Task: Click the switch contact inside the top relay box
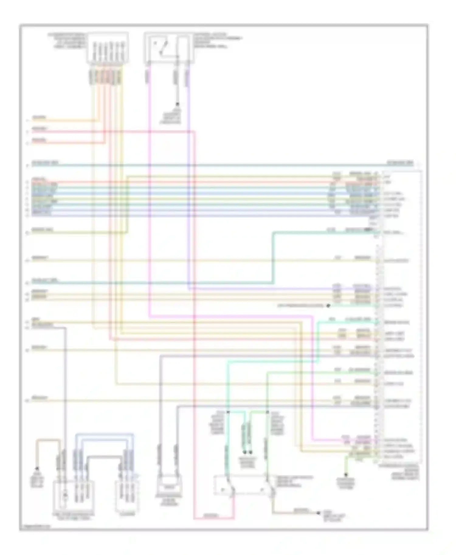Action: [x=161, y=48]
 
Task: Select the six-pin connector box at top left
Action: [x=108, y=48]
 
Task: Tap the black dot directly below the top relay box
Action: [x=177, y=104]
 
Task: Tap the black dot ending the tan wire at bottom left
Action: [x=37, y=468]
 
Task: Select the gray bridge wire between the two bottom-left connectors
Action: [x=103, y=456]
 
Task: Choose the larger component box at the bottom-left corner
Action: [x=73, y=495]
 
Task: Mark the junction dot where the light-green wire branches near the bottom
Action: [x=267, y=412]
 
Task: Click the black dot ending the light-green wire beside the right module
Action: [x=328, y=306]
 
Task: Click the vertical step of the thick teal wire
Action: [x=273, y=258]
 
